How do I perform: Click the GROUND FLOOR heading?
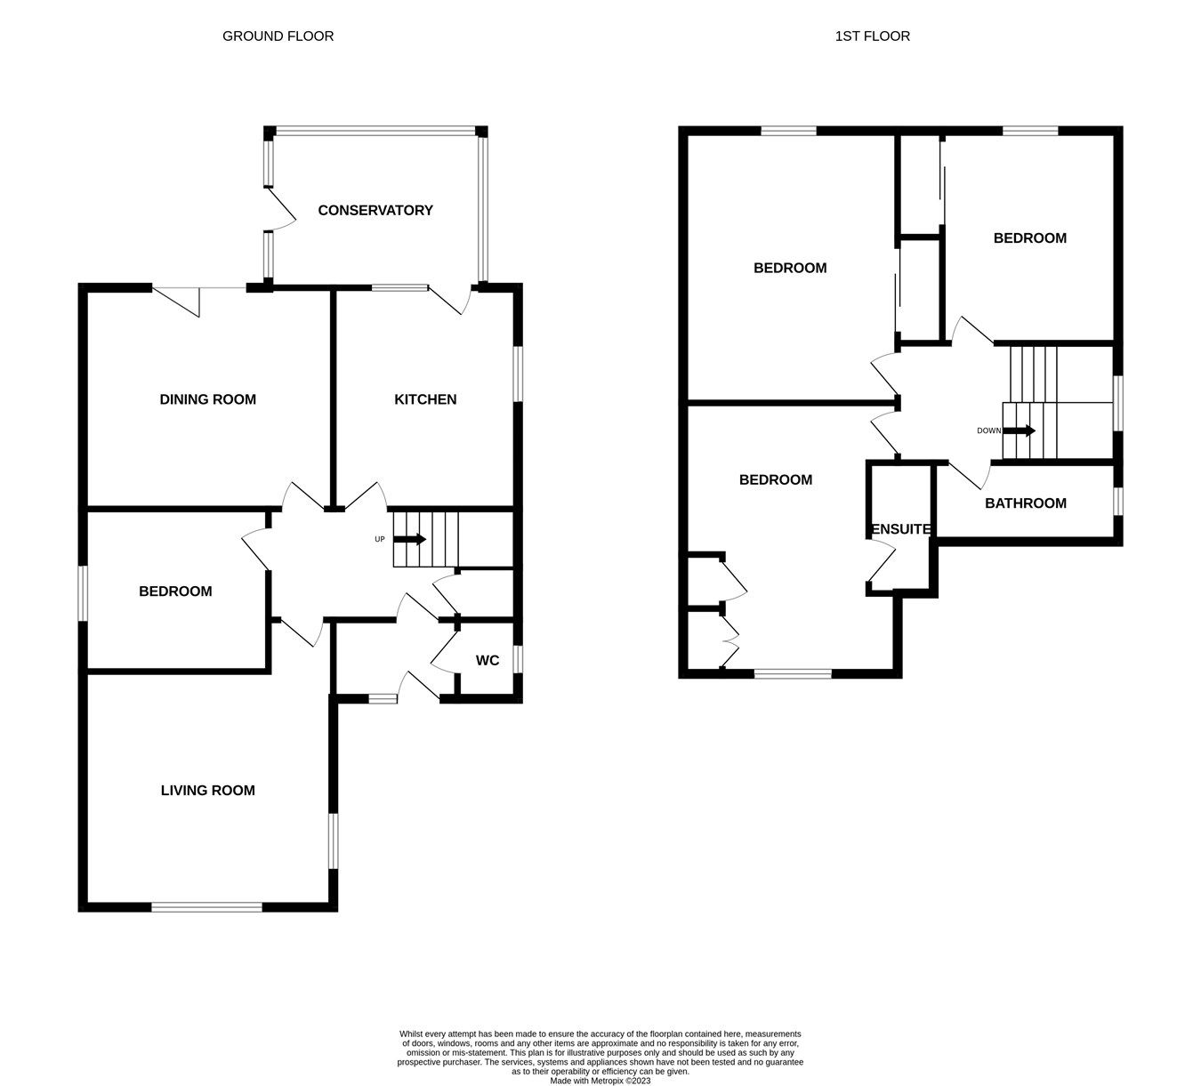pos(278,36)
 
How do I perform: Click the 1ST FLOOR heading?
pos(872,36)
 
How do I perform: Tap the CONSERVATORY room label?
pos(375,211)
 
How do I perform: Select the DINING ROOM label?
pos(207,399)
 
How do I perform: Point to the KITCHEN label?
pos(425,399)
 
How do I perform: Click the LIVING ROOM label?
pos(207,790)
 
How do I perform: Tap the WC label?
pos(488,660)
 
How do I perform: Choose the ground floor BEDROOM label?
pos(175,591)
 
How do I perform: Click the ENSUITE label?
pos(900,529)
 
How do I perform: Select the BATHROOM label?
pos(1025,503)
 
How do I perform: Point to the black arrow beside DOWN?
pos(1019,430)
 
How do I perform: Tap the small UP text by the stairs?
pos(379,539)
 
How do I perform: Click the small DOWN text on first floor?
pos(988,430)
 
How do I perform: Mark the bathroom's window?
pos(1118,501)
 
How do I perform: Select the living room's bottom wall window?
pos(206,906)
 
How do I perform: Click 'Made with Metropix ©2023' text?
pos(600,1081)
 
